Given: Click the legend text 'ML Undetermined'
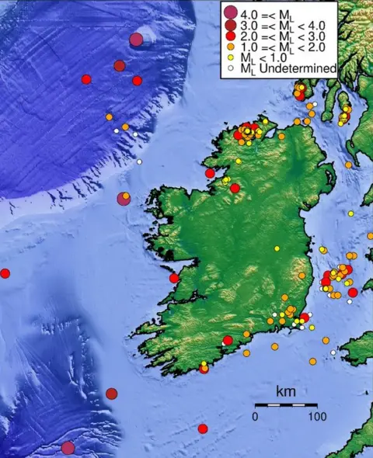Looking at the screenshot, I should coord(288,69).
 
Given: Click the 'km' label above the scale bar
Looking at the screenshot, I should coord(285,392).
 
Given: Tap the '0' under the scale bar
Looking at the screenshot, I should coord(254,416).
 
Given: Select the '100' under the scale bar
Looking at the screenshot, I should coord(315,416).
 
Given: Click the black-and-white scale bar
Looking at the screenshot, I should coord(285,405).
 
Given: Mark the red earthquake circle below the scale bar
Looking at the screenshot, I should coord(203,429).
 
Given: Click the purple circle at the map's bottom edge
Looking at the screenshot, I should coord(68,447).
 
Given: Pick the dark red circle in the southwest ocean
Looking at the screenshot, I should coord(111,394).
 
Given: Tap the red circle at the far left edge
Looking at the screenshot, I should coord(5,273).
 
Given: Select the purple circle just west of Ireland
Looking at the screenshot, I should coord(124,199).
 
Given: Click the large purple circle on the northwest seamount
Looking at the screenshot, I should coord(137,40).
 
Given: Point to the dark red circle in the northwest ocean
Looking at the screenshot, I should coord(120,66).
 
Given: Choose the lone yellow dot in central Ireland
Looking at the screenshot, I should coord(277,248).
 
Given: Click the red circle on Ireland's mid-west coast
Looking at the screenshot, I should coord(174,278).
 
